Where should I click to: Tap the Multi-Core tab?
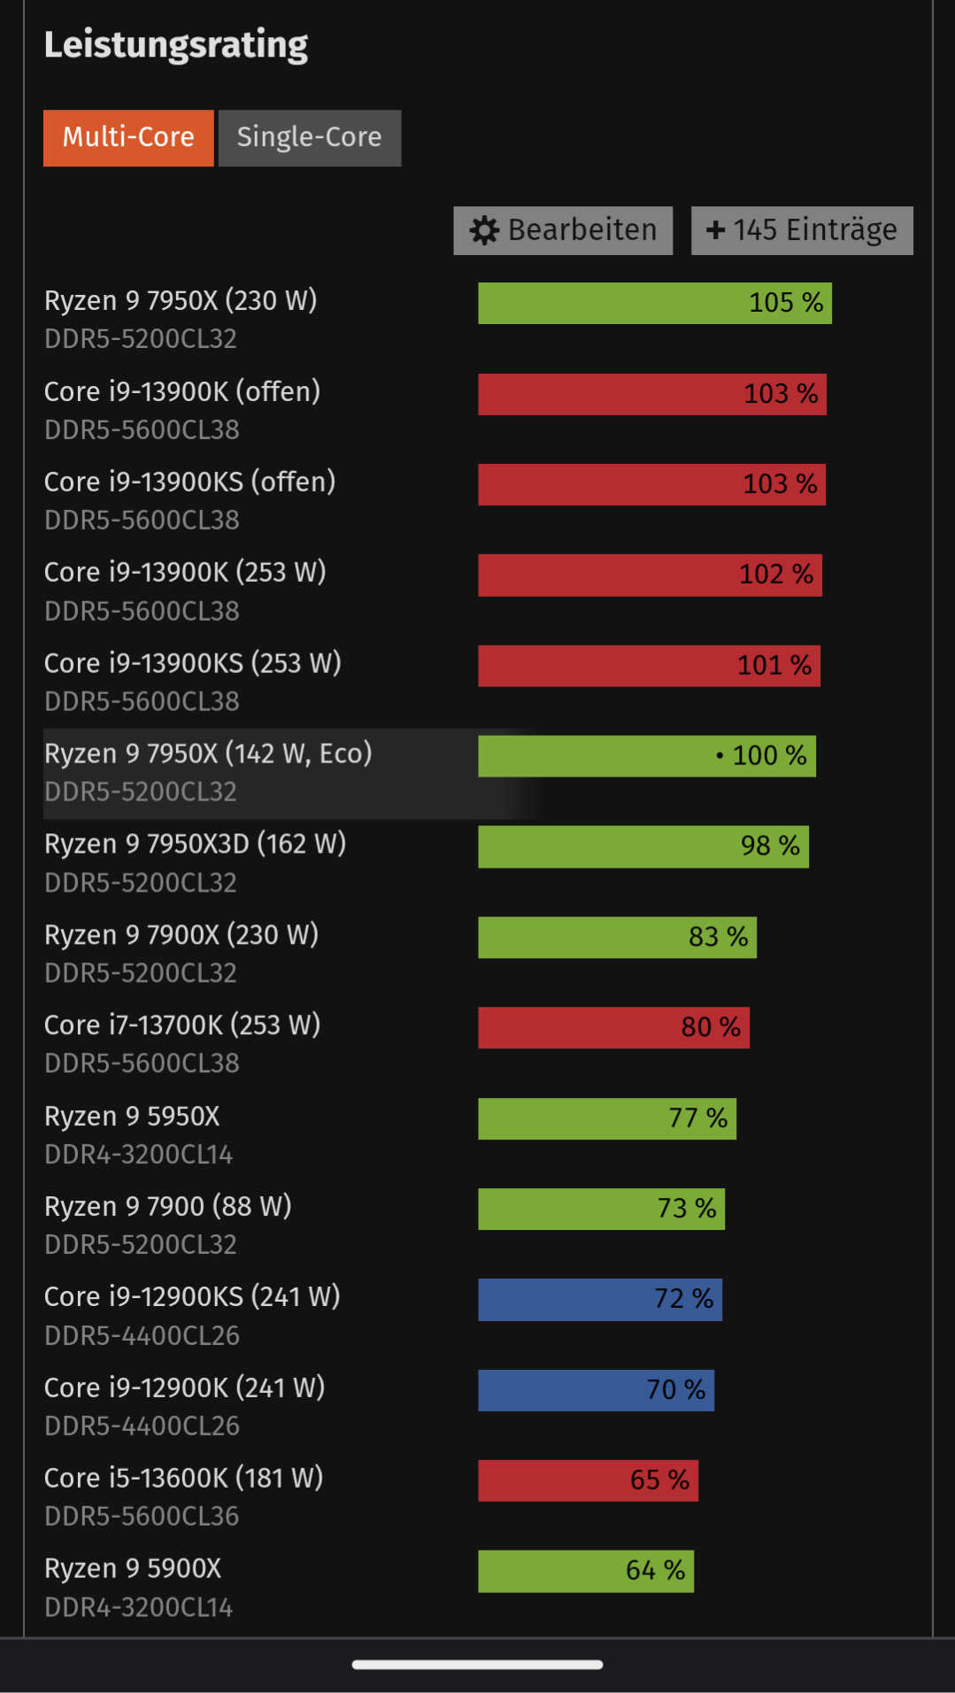tap(128, 137)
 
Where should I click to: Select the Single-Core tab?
tap(309, 137)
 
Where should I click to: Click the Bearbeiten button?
tap(563, 230)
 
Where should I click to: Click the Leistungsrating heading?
tap(176, 44)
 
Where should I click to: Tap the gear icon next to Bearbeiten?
tap(484, 230)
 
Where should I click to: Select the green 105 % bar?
tap(654, 303)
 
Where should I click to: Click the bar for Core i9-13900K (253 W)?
tap(649, 575)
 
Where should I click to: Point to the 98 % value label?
tap(770, 846)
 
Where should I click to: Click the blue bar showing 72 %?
tap(599, 1299)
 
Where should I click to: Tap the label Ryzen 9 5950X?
tap(132, 1116)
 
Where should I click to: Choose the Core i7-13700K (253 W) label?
tap(182, 1024)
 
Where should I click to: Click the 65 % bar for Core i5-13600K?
tap(588, 1480)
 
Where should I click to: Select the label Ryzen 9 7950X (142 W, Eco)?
tap(208, 754)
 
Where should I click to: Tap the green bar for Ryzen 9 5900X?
tap(585, 1571)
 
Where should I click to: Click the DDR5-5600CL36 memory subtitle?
tap(142, 1516)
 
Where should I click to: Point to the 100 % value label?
tap(769, 755)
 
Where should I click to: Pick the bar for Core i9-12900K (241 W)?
tap(596, 1389)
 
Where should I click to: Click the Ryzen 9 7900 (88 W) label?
tap(168, 1206)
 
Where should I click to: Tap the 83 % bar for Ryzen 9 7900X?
tap(617, 937)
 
